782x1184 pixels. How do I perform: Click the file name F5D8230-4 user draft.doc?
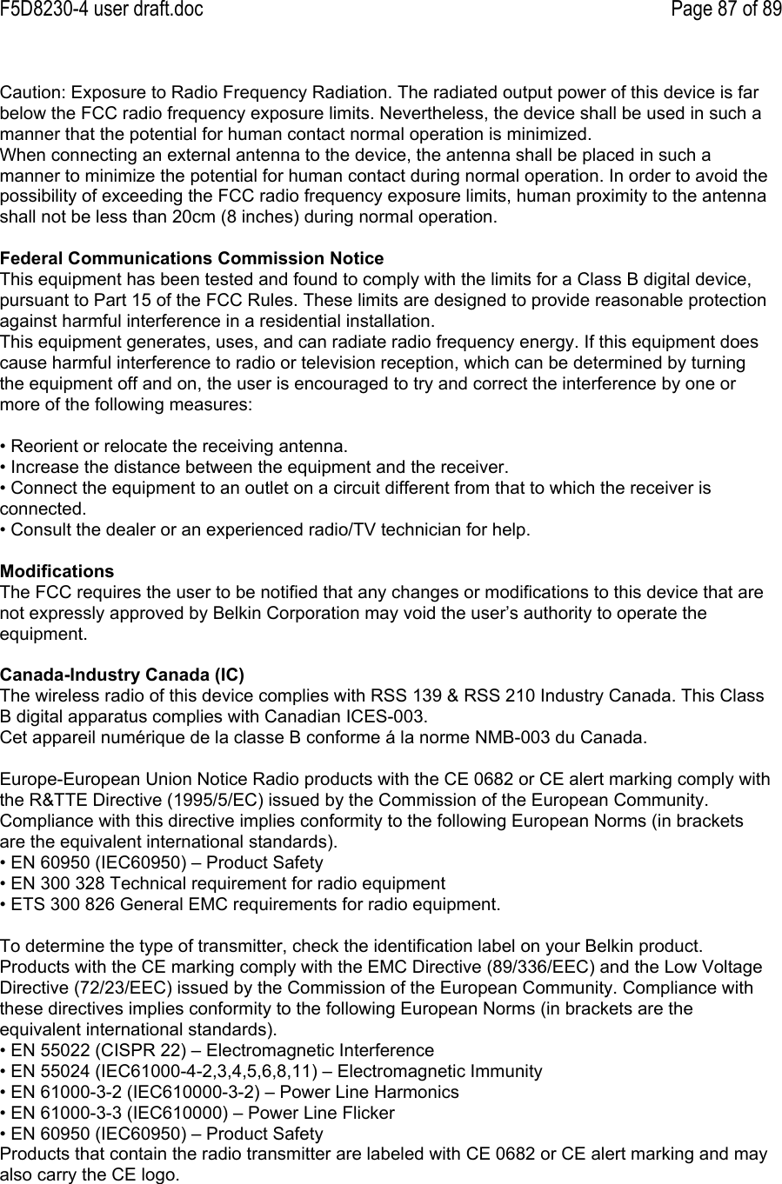[102, 10]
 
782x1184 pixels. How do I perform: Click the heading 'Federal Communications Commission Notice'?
[191, 259]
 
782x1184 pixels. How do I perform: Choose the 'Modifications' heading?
[57, 572]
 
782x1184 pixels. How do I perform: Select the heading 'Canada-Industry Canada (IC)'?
[123, 675]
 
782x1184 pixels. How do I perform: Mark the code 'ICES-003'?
[394, 717]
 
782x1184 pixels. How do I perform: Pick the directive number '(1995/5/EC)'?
[220, 800]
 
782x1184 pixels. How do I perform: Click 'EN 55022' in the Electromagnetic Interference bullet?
[44, 1051]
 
